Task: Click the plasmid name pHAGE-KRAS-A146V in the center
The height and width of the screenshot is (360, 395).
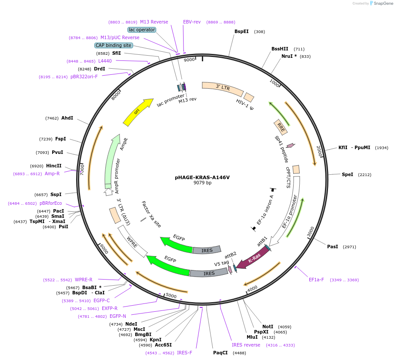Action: tap(202, 177)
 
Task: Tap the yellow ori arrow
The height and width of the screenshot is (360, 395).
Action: tap(137, 112)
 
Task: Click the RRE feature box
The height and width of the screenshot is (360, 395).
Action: tap(281, 127)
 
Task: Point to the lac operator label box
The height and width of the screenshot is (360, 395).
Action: tap(142, 30)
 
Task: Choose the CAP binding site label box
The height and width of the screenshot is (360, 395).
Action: tap(114, 45)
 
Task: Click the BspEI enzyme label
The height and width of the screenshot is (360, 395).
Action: tap(241, 31)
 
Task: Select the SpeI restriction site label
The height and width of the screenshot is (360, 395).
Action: tap(348, 174)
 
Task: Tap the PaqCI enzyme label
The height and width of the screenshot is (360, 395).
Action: tap(220, 353)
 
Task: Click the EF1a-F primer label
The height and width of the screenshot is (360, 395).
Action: tap(316, 280)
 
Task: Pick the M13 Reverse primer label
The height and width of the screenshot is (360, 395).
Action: tap(154, 22)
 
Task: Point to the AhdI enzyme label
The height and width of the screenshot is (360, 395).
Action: tap(67, 118)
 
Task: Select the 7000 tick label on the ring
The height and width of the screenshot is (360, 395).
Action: tap(82, 169)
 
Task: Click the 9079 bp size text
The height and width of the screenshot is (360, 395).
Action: tap(202, 183)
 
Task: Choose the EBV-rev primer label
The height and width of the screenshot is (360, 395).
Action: tap(192, 22)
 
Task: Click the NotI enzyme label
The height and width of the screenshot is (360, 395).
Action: tap(268, 327)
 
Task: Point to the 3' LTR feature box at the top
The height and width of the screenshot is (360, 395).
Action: tap(222, 89)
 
